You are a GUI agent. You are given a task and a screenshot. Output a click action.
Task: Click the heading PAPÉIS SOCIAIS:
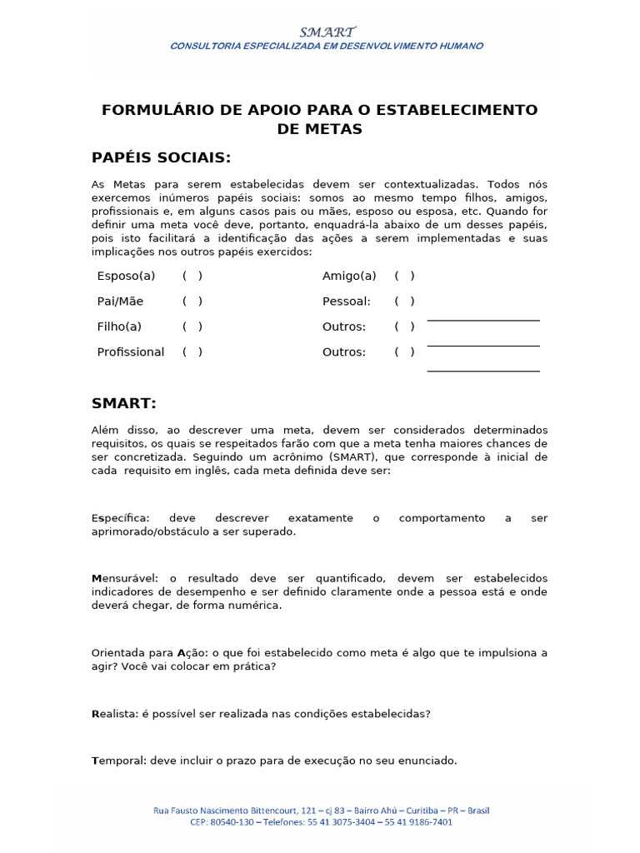click(x=161, y=158)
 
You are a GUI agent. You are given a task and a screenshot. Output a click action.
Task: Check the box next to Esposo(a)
click(x=192, y=276)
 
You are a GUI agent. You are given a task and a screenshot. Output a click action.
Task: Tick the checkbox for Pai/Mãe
click(x=192, y=302)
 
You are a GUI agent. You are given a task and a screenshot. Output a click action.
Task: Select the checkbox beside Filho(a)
click(x=192, y=327)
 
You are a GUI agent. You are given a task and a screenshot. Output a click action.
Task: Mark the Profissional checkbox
click(x=192, y=352)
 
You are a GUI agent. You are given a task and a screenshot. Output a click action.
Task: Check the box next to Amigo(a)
click(x=405, y=276)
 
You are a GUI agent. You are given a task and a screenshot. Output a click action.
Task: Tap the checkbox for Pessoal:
click(x=405, y=302)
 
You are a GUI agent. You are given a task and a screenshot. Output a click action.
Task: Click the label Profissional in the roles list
click(x=131, y=352)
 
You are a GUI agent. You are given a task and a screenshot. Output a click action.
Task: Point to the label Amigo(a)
click(x=349, y=276)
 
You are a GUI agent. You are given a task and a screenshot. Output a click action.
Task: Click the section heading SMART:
click(x=124, y=404)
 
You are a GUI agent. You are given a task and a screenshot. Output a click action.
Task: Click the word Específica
click(x=119, y=518)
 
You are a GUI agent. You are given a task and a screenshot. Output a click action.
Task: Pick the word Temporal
click(x=117, y=761)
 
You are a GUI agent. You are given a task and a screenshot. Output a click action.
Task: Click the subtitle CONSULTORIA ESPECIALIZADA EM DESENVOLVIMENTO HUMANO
click(x=327, y=46)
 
